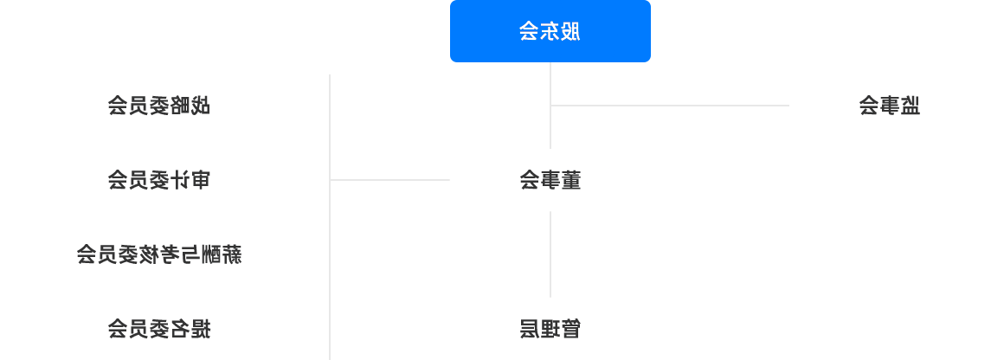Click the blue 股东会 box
550,31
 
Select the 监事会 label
889,106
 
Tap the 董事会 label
550,180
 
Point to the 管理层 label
550,329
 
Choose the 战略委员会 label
158,106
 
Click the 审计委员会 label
158,180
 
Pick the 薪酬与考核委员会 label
158,254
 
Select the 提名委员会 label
158,329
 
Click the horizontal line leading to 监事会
670,106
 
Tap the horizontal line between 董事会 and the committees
389,180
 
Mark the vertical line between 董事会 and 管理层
550,254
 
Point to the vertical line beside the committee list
330,217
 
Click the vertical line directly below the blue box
550,106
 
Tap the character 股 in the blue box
570,31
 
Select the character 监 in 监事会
911,106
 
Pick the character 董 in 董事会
570,180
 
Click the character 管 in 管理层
570,329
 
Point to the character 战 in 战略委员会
200,106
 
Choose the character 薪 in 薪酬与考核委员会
231,254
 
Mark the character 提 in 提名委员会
200,329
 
